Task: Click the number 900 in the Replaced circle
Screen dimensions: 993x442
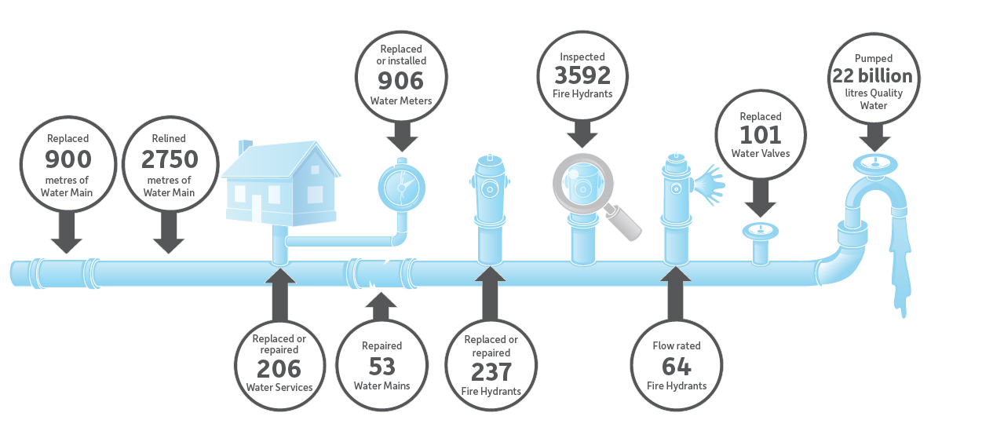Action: tap(68, 159)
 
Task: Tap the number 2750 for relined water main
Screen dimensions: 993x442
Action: tap(170, 159)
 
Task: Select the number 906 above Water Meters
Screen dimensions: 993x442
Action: tap(401, 81)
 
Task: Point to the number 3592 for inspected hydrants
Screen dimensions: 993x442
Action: tap(582, 75)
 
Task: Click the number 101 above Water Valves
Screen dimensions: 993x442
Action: tap(761, 135)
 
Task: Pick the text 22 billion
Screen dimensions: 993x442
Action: tap(872, 76)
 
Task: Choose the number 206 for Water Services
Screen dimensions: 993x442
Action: tap(279, 369)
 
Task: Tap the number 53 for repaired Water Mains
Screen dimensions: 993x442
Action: tap(382, 367)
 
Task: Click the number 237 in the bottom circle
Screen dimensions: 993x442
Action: tap(491, 372)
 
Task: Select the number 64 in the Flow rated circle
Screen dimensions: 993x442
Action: tap(676, 367)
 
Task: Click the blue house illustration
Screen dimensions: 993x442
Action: tap(281, 183)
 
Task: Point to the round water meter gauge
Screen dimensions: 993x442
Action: tap(402, 188)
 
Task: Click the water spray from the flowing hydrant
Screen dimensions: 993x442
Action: tap(709, 184)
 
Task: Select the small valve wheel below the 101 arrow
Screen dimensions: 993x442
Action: tap(761, 231)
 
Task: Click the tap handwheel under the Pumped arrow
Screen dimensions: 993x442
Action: tap(875, 164)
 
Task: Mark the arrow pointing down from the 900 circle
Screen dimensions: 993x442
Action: tap(67, 232)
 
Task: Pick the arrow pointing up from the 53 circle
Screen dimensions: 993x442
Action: tap(381, 307)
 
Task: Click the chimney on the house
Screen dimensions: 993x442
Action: tap(245, 147)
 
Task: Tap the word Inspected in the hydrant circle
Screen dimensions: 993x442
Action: tap(582, 57)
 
